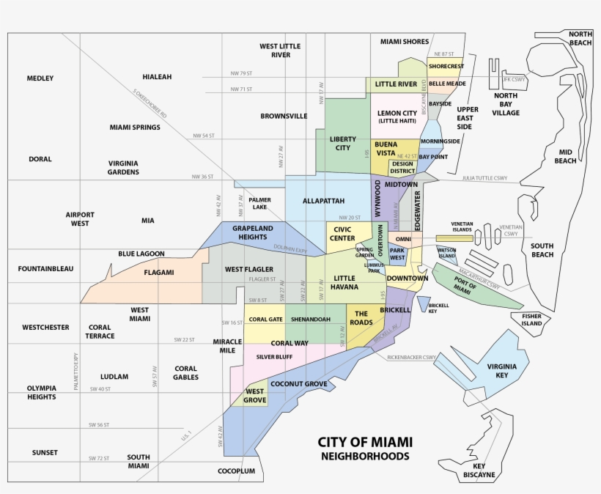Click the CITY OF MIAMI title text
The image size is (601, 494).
364,442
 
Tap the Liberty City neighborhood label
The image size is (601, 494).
343,143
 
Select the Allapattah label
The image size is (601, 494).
322,201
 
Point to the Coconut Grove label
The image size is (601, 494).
298,383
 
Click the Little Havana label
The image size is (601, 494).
344,283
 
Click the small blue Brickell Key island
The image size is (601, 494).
423,303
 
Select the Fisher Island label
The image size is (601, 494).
531,320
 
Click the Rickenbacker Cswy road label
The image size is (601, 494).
412,358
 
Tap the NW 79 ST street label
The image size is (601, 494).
240,73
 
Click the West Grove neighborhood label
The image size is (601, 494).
254,396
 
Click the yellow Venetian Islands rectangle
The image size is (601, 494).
454,238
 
